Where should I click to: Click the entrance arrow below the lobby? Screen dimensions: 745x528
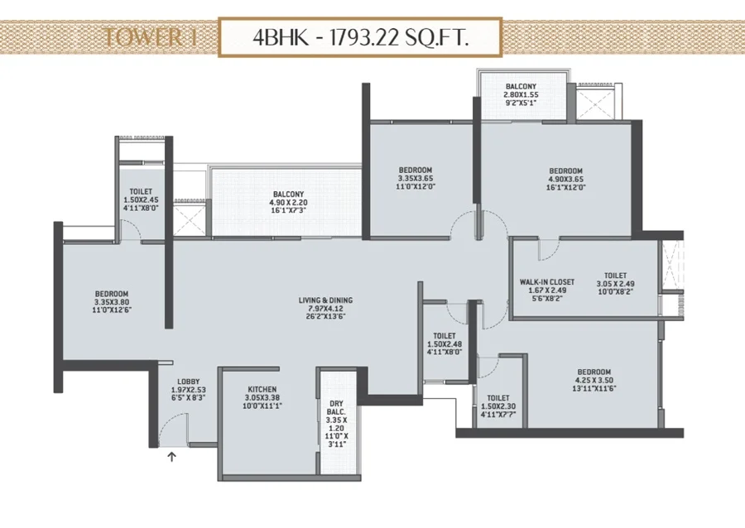coord(172,457)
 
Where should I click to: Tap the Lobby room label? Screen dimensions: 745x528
coord(189,382)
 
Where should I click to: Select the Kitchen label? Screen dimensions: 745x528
coord(262,389)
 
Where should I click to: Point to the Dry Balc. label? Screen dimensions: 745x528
coord(336,408)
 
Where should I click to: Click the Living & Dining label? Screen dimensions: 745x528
coord(325,300)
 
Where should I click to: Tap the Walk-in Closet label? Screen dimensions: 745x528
coord(547,282)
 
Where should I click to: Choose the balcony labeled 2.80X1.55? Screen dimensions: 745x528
coord(521,94)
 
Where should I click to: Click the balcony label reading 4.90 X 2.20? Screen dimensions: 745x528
coord(288,202)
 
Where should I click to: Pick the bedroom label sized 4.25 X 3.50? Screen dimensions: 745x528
coord(594,380)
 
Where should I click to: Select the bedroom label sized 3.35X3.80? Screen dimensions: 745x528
coord(112,302)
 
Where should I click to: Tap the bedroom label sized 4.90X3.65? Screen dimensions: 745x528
coord(566,179)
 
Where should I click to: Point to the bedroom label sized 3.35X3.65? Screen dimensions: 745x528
coord(416,178)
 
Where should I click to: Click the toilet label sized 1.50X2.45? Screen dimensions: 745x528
coord(141,199)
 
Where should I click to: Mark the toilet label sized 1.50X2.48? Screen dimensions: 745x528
coord(445,344)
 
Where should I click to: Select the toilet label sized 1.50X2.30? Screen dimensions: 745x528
coord(498,406)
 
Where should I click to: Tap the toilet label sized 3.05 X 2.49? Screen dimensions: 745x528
coord(616,284)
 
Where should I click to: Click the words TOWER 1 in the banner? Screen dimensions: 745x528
coord(150,37)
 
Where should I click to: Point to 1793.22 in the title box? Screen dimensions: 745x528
coord(364,37)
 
